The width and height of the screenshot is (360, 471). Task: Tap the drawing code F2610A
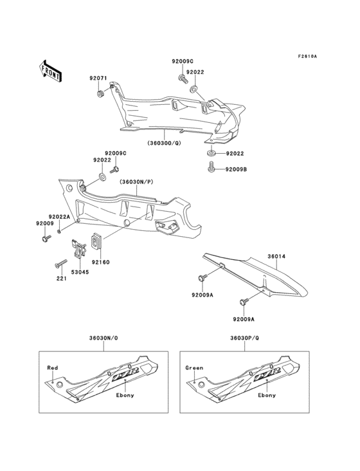coord(307,56)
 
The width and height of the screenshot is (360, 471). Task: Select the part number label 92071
coord(98,78)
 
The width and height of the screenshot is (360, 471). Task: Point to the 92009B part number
coord(235,169)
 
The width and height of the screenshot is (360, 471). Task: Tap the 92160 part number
coord(101,262)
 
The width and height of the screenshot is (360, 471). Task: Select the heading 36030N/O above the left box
coord(102,338)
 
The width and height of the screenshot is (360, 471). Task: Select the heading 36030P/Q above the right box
coord(244,338)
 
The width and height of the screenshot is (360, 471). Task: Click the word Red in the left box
coord(52,367)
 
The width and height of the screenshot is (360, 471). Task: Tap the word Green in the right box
coord(194,367)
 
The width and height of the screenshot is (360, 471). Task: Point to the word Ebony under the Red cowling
coord(125,394)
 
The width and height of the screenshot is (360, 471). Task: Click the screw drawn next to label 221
coord(62,264)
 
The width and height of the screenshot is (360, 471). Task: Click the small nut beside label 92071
coord(100,95)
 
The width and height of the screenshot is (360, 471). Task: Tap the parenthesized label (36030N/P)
coord(136,182)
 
